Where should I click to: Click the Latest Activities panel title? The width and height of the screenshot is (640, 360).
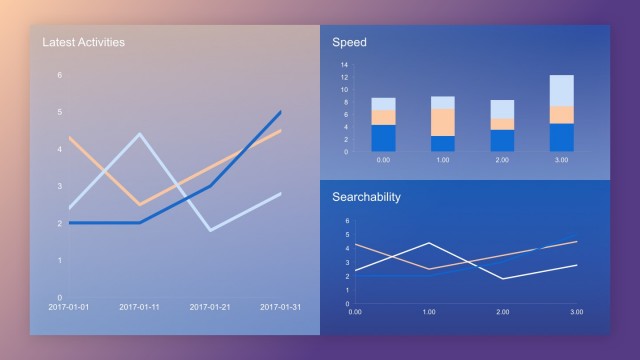click(x=83, y=42)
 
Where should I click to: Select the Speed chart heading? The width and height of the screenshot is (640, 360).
click(x=349, y=42)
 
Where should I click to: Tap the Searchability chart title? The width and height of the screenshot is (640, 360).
click(x=366, y=196)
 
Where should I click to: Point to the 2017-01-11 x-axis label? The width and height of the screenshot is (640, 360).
click(x=140, y=307)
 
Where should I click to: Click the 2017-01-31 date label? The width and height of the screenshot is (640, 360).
click(x=281, y=307)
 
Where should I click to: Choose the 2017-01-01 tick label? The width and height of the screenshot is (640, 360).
click(x=69, y=307)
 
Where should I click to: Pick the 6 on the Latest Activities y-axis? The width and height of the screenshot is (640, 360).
click(x=59, y=75)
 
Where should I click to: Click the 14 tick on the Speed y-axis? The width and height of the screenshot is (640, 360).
click(x=343, y=66)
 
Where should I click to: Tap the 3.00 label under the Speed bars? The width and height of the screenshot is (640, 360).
click(x=561, y=160)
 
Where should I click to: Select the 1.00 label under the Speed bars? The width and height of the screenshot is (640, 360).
click(x=443, y=160)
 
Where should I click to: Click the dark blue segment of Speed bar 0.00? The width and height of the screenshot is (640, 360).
click(x=383, y=138)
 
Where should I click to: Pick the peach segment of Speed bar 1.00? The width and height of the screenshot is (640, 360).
click(x=443, y=121)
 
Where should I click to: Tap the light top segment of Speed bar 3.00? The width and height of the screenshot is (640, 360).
click(x=561, y=90)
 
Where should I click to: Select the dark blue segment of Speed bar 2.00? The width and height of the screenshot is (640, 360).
click(x=502, y=140)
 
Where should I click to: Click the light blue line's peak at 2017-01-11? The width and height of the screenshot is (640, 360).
click(x=140, y=133)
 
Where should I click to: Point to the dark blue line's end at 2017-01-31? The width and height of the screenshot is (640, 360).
click(x=281, y=111)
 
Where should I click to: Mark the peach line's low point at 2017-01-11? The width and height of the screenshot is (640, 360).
click(x=140, y=204)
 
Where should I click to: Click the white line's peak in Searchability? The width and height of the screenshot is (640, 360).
click(x=429, y=242)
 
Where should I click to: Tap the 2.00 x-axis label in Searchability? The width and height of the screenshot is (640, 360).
click(x=502, y=312)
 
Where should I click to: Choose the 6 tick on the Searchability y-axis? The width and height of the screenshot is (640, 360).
click(x=347, y=221)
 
